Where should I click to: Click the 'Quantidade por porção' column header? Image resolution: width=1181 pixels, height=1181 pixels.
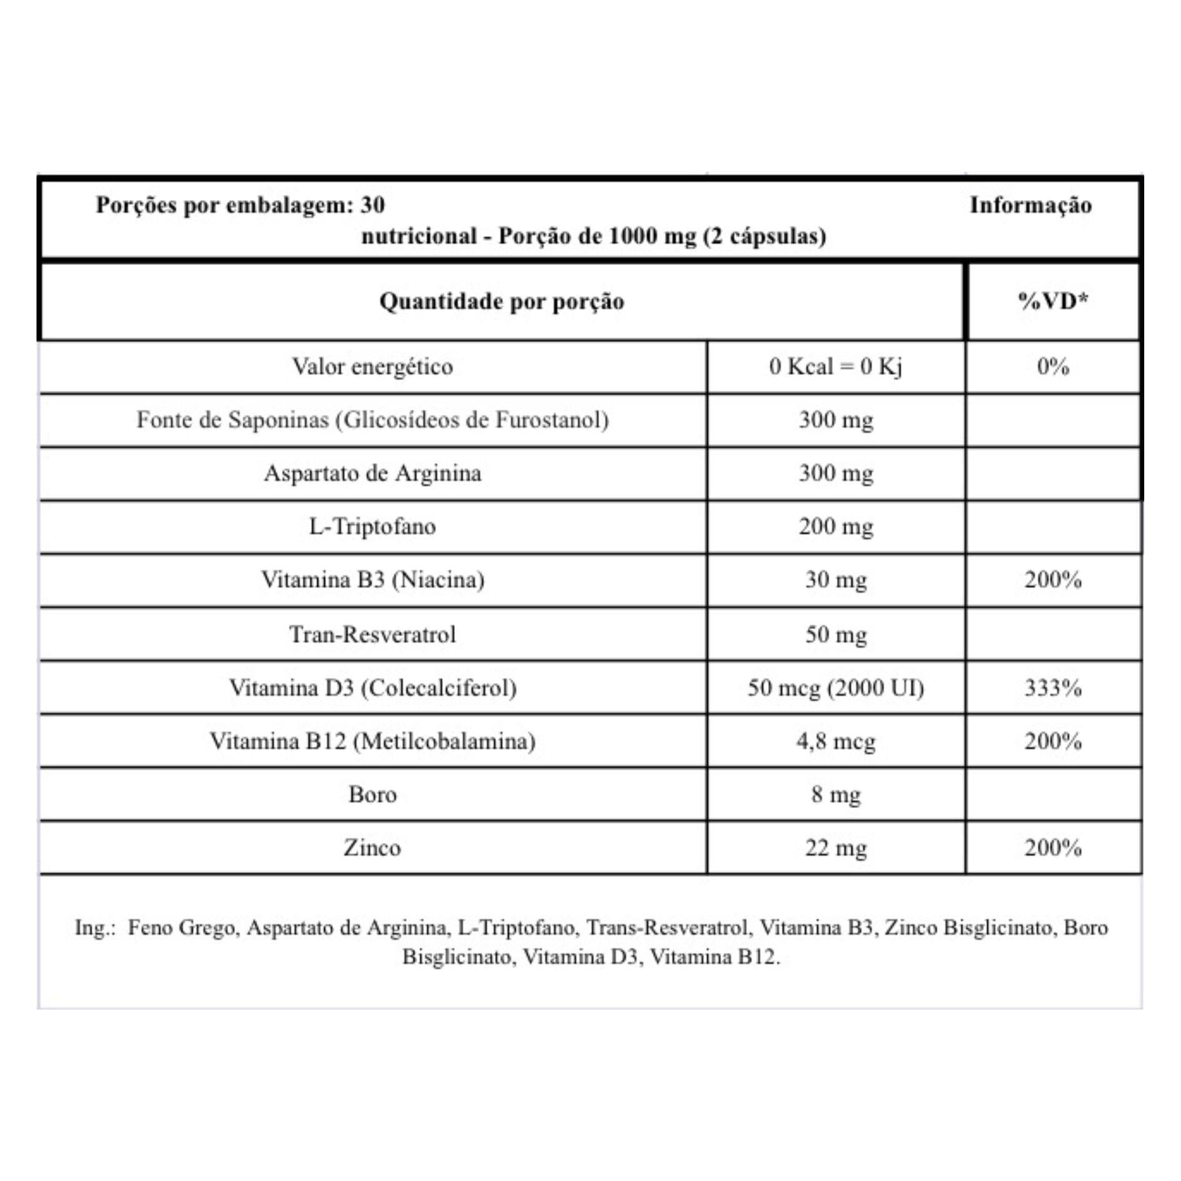click(x=501, y=302)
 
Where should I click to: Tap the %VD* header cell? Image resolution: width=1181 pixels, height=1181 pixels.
click(x=1053, y=302)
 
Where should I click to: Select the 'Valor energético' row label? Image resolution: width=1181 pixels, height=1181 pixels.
click(x=372, y=367)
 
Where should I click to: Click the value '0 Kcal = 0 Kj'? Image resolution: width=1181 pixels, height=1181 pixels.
click(x=835, y=367)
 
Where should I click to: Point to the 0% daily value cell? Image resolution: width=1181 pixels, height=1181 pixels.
click(x=1053, y=367)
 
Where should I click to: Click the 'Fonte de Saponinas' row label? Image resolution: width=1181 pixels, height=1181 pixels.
click(x=372, y=420)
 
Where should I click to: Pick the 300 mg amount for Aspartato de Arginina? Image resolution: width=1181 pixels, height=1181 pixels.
click(x=835, y=474)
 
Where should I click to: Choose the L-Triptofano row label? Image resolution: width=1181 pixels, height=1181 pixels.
click(x=372, y=527)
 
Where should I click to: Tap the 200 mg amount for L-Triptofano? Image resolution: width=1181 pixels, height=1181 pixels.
click(x=835, y=527)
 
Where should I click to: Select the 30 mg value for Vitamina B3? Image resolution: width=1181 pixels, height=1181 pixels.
click(x=835, y=580)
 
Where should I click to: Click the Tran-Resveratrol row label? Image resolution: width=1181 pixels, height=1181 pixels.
click(x=372, y=634)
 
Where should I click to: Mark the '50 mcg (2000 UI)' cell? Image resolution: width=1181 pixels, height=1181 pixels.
click(x=835, y=688)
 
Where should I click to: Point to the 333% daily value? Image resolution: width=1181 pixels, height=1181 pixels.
click(x=1053, y=688)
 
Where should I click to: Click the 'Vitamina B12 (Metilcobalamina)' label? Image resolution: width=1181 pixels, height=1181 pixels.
click(x=372, y=741)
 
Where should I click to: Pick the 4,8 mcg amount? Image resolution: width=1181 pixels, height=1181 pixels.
click(x=835, y=741)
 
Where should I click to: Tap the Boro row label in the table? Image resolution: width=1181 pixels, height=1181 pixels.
click(x=372, y=795)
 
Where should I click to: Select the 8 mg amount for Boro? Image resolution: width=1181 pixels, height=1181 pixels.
click(x=835, y=795)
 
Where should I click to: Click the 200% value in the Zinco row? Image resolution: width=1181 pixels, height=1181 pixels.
click(x=1053, y=848)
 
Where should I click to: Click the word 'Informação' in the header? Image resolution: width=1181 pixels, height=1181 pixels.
click(x=1030, y=205)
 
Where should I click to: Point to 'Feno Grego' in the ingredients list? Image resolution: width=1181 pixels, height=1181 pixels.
click(x=182, y=927)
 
